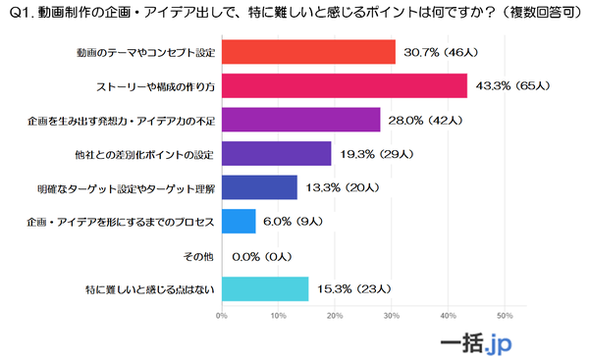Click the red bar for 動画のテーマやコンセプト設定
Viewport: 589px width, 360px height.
[308, 51]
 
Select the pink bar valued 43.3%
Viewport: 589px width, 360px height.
[344, 85]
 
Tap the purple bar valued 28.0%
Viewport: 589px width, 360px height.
[300, 120]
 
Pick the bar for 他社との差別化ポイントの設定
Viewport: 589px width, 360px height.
[276, 153]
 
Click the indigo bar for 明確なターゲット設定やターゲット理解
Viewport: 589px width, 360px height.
[259, 187]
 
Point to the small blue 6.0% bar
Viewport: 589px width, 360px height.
[239, 221]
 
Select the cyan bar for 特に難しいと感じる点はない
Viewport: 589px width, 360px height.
[265, 288]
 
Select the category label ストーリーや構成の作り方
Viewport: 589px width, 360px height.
[151, 85]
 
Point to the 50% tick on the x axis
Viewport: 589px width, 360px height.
[506, 316]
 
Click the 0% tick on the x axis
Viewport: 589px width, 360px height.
[222, 316]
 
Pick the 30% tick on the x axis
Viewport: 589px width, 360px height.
[392, 316]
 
